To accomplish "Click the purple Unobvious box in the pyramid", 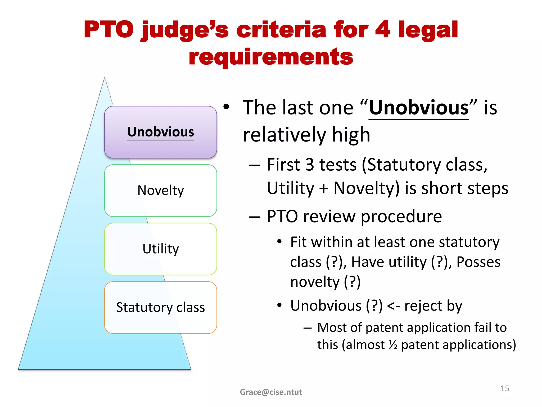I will click(160, 132).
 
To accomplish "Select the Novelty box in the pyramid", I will click(160, 191).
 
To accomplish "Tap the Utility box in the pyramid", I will click(160, 249).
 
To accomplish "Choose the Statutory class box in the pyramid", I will click(160, 307).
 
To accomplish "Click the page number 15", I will click(504, 388).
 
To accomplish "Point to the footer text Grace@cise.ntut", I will click(271, 392).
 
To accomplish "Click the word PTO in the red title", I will click(109, 30).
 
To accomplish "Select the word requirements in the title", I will click(271, 57).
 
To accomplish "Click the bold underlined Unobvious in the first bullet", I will click(419, 108).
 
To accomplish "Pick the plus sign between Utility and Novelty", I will click(323, 189).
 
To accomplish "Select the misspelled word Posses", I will click(478, 262).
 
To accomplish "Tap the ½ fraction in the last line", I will click(393, 345).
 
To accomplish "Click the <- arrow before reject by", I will click(393, 306).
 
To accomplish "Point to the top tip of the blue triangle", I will click(105, 78).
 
